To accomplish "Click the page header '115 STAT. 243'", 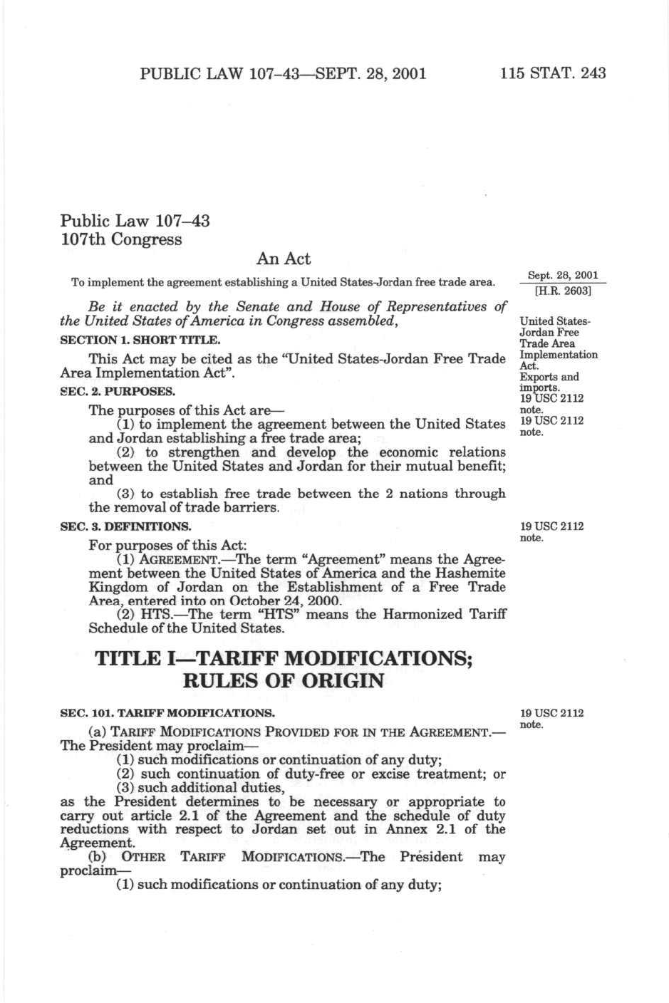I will click(553, 73).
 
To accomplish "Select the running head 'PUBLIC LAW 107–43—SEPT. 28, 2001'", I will click(283, 73).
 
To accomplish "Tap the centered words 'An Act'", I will click(283, 259).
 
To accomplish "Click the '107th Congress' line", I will click(121, 239).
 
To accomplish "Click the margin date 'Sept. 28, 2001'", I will click(563, 276).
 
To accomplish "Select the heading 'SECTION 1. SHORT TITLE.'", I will click(140, 340).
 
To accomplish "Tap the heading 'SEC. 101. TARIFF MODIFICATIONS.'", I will click(167, 712).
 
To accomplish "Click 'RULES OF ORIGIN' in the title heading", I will click(283, 681).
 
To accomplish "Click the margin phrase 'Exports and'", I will click(549, 377).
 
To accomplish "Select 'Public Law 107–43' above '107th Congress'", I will click(135, 221).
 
